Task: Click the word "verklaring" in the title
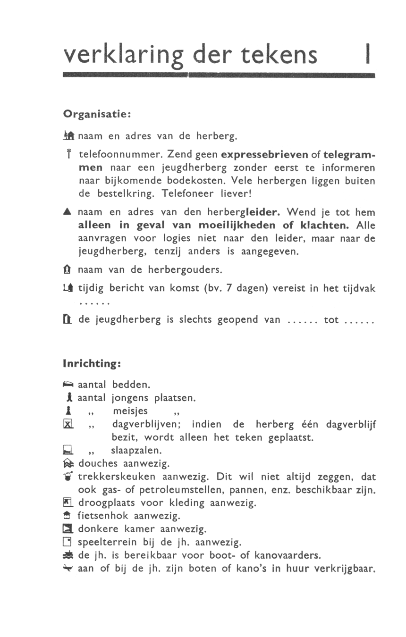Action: [123, 55]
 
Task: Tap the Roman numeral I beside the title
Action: [367, 55]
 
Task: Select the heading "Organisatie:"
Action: [96, 114]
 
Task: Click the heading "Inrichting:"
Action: [93, 364]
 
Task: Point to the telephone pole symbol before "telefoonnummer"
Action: [69, 153]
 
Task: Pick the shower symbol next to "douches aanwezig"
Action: [68, 464]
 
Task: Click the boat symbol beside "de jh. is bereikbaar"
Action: [68, 555]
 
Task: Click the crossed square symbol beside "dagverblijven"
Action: [68, 425]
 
